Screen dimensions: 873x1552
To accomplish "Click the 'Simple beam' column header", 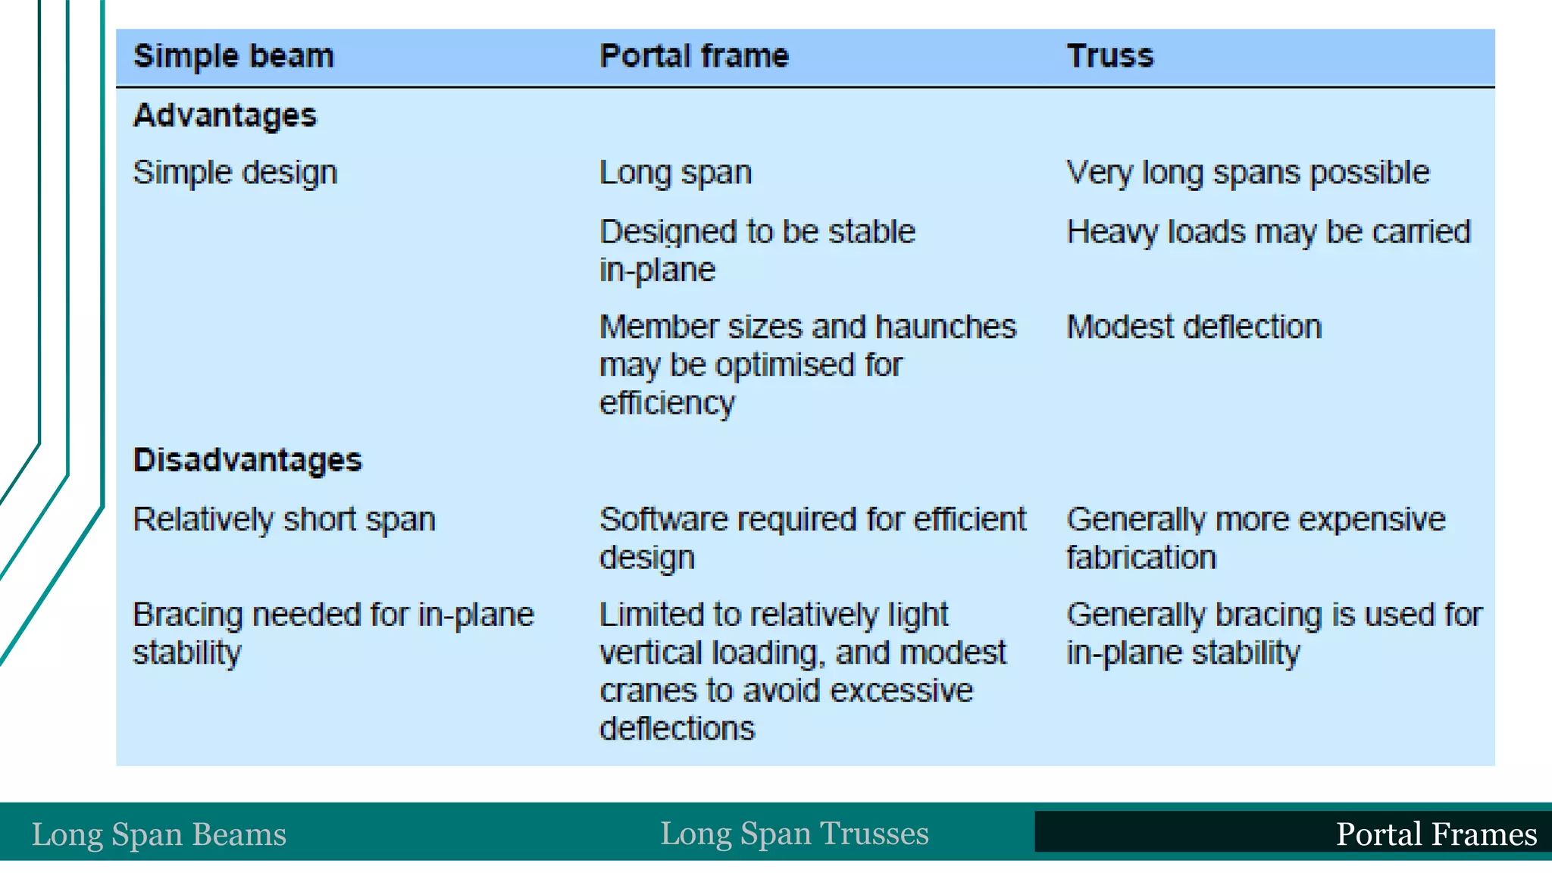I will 233,57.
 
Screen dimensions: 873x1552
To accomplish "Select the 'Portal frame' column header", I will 694,57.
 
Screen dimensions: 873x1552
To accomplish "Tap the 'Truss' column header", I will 1110,57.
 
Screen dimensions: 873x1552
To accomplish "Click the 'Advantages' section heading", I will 225,116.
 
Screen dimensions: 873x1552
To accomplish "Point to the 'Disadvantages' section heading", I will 248,461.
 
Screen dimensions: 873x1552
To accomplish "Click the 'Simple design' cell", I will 235,174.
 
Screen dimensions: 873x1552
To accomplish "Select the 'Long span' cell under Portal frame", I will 675,174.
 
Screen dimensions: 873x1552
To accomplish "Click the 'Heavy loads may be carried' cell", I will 1269,232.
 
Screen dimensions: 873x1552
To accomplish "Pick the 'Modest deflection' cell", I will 1194,327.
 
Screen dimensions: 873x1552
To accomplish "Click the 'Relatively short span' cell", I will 284,520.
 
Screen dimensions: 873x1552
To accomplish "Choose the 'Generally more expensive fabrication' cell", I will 1256,538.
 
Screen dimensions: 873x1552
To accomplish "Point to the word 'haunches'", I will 946,327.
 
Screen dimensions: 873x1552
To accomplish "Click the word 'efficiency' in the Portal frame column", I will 667,404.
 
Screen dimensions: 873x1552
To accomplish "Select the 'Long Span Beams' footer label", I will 159,834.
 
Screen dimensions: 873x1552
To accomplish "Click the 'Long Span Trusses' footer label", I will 794,834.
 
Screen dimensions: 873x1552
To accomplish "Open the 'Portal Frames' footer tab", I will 1436,834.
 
